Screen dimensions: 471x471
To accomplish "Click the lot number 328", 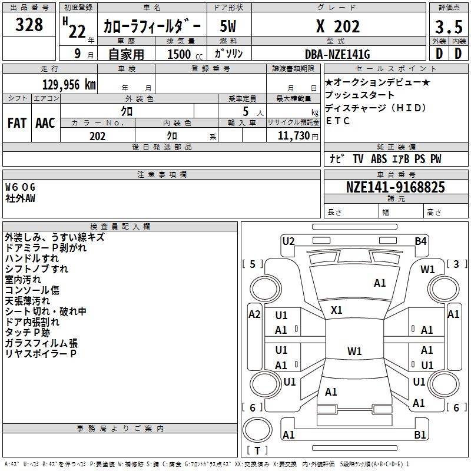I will tap(29, 25).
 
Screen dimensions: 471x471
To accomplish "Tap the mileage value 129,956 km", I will tap(69, 84).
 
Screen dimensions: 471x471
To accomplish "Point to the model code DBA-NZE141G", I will tap(337, 54).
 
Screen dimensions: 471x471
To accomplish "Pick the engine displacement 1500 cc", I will tap(180, 54).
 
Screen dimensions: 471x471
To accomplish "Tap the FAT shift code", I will tap(17, 122).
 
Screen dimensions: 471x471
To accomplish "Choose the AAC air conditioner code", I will tap(45, 122).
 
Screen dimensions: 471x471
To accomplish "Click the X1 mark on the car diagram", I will tap(337, 310).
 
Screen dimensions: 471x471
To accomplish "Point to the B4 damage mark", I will tap(420, 241).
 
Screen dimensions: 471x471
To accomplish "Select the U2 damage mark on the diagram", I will tap(288, 241).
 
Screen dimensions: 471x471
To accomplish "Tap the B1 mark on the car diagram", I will tap(420, 435).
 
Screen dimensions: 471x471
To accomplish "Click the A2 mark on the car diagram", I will tap(254, 314).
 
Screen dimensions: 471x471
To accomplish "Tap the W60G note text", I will tap(21, 187).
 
